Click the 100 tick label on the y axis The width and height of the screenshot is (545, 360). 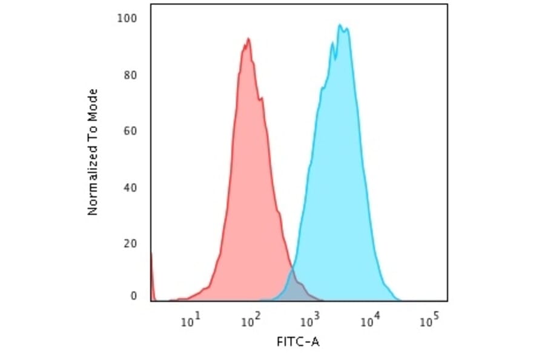point(127,18)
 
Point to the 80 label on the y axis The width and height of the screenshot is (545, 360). point(130,75)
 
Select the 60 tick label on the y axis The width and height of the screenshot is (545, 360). point(130,131)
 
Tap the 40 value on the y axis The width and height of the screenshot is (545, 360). point(130,187)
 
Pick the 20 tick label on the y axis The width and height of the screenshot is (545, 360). point(130,244)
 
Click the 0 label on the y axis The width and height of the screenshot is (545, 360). point(133,296)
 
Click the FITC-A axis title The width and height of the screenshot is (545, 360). point(298,342)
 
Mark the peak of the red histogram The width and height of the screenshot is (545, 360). point(248,39)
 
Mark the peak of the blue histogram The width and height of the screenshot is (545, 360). point(340,25)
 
